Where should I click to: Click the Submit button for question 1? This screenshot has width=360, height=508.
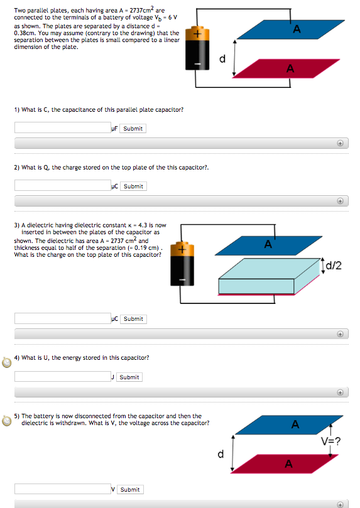click(x=133, y=129)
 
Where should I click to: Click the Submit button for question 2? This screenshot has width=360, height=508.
click(x=133, y=186)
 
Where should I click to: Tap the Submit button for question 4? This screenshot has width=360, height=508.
click(x=129, y=377)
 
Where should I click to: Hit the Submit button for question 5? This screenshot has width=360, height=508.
click(x=129, y=489)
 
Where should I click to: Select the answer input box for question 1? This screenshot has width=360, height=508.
click(x=62, y=129)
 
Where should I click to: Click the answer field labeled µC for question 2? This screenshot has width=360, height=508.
click(x=62, y=186)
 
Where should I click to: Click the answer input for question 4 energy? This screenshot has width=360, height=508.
click(x=62, y=377)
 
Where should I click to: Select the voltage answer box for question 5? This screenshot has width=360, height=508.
click(x=62, y=489)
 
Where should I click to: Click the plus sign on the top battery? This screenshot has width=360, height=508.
click(x=197, y=36)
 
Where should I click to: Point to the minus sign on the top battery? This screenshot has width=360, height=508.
click(x=197, y=64)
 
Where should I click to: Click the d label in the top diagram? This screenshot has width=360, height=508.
click(x=222, y=60)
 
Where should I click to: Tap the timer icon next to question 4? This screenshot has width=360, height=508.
click(x=7, y=362)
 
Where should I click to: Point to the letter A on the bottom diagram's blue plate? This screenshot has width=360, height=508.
click(x=295, y=425)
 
